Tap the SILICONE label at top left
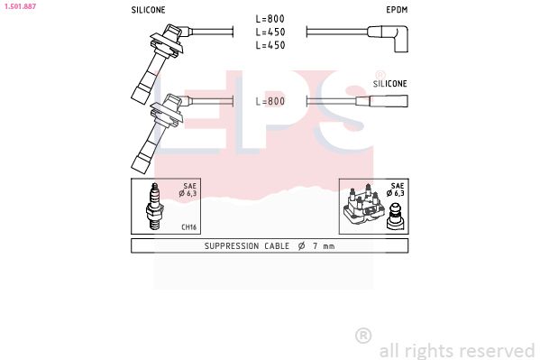tap(149, 11)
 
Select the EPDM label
tap(397, 11)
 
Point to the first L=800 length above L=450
tap(270, 17)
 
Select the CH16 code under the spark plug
tap(189, 226)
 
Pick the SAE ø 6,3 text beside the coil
tap(395, 189)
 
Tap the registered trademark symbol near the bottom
tap(362, 336)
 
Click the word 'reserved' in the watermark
tap(498, 350)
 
